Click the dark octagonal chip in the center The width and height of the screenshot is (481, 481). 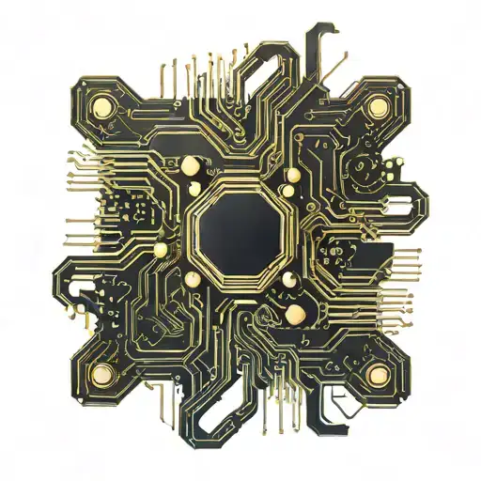240,228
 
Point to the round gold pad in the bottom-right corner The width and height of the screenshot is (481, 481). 379,376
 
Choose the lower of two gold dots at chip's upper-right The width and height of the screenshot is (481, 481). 292,176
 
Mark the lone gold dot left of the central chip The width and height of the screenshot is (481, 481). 160,249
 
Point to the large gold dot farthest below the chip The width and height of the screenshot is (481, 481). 294,313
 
